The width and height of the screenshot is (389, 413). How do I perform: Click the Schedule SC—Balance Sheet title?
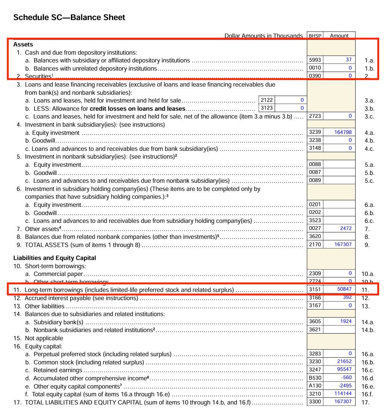[x=69, y=17]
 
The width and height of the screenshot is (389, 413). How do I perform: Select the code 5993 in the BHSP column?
[x=315, y=60]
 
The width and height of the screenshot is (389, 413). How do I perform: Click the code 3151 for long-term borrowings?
[x=315, y=289]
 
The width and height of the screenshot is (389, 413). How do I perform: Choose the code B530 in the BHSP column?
[x=315, y=378]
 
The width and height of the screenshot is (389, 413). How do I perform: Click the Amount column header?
[x=339, y=36]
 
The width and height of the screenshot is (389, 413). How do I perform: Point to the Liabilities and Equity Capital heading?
[x=55, y=258]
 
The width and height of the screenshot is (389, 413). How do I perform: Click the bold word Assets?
[x=23, y=44]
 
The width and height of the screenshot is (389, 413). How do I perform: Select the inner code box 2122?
[x=267, y=100]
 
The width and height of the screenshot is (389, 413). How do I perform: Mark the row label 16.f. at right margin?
[x=367, y=394]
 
